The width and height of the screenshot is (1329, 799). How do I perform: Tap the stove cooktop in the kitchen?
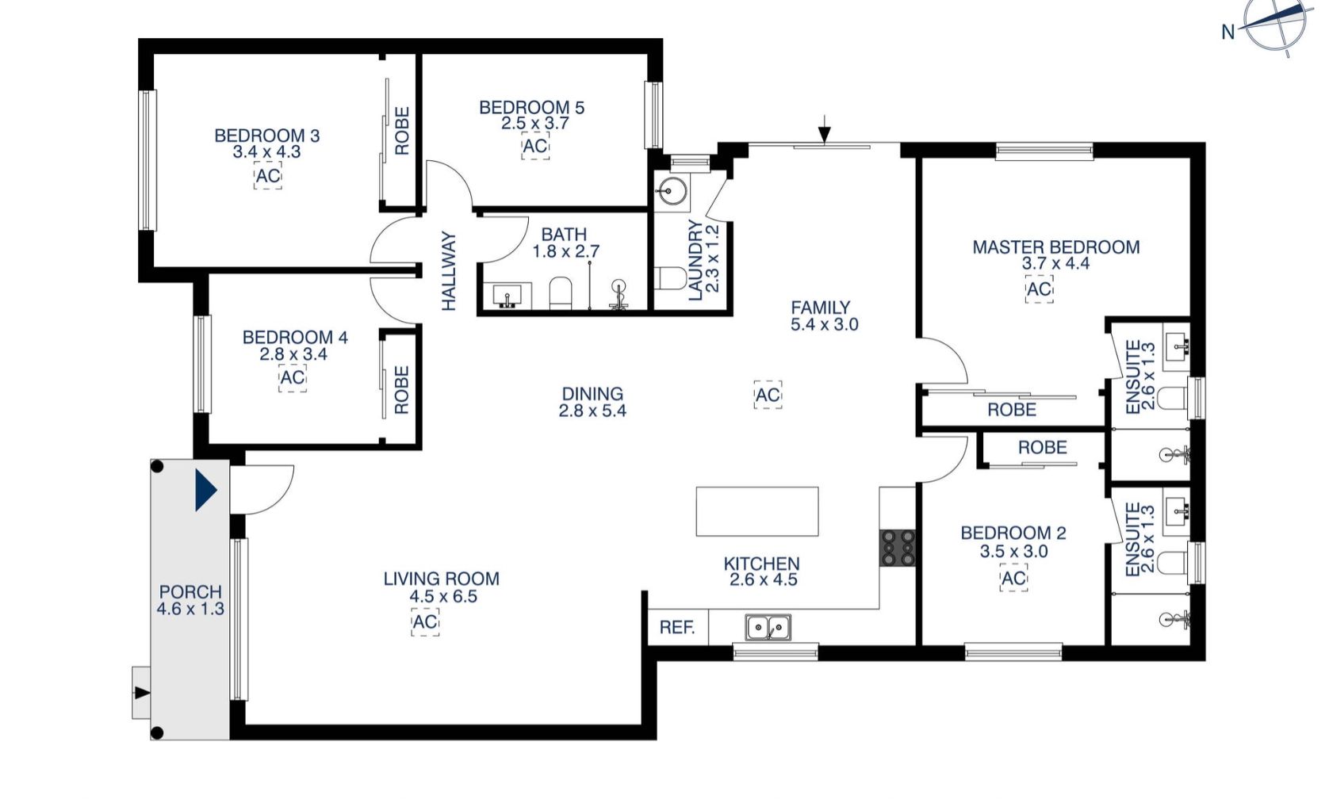897,548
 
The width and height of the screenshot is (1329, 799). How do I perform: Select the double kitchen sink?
768,628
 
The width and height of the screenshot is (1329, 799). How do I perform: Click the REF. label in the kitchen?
677,628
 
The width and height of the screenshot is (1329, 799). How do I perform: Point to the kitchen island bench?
757,511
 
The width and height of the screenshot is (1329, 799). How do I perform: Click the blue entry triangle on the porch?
206,490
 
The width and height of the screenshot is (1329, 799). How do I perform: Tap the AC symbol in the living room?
425,622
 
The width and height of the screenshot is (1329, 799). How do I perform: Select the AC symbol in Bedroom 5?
535,145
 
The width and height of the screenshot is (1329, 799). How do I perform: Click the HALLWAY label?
449,271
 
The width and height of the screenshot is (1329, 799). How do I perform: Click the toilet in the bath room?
560,293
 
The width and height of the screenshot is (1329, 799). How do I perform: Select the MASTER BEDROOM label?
1056,247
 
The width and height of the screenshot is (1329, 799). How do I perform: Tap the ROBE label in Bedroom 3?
402,131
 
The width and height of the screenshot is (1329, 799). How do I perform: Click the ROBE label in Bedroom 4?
402,390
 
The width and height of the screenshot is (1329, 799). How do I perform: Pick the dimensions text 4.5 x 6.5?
443,596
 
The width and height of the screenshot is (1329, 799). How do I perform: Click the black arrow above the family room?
824,129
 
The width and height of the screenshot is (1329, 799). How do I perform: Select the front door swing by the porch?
262,490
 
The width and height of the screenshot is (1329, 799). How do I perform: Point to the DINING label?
592,394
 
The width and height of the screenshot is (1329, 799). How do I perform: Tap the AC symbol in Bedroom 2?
1013,578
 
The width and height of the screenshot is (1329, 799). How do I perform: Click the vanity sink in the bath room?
507,296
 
